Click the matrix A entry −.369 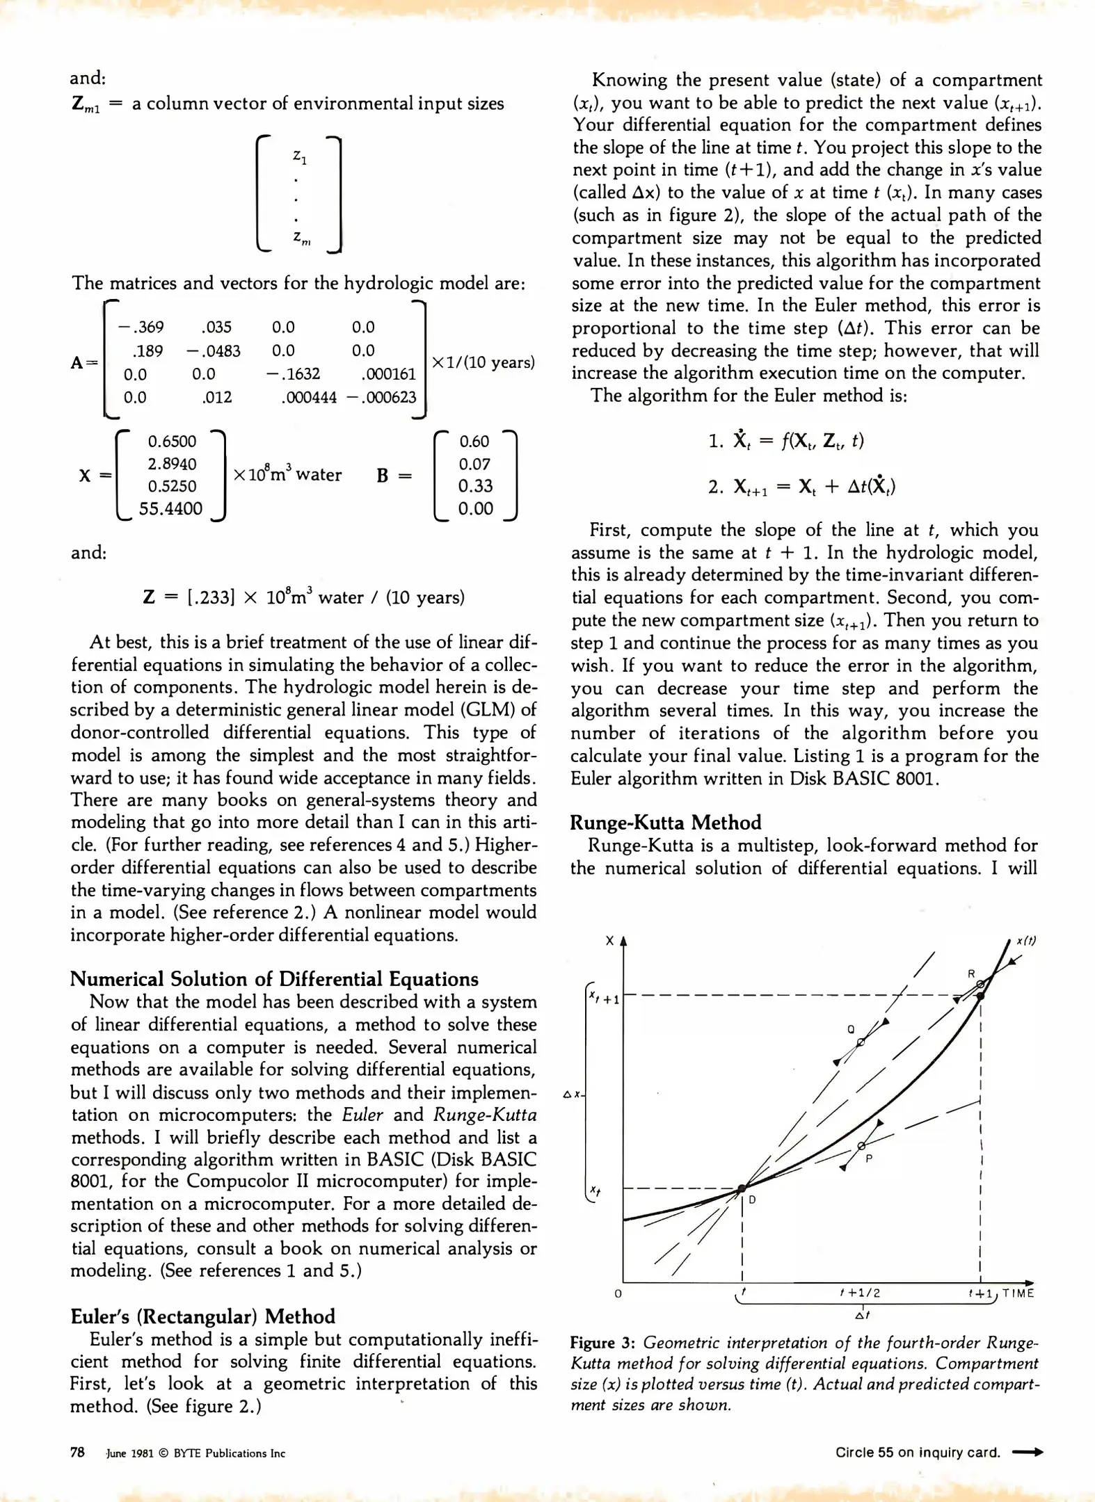click(141, 327)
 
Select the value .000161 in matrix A click(388, 374)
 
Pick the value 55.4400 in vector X click(170, 508)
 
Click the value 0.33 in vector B click(475, 486)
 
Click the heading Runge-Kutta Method click(665, 823)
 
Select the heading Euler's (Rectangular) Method click(202, 1316)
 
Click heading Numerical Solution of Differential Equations click(274, 979)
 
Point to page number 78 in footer click(77, 1453)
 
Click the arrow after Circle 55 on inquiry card click(1028, 1453)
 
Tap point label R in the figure click(972, 974)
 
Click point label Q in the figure click(851, 1029)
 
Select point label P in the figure click(869, 1158)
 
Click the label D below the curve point click(752, 1200)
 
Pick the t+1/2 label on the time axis click(860, 1293)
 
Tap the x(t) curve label click(1026, 941)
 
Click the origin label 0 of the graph click(618, 1294)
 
